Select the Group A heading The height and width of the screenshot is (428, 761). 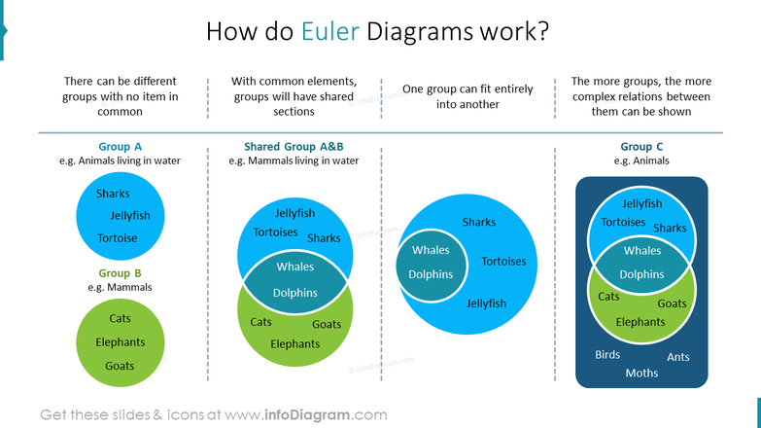[x=120, y=147]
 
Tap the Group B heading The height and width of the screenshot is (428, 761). [x=120, y=273]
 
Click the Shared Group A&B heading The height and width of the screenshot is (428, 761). [x=294, y=147]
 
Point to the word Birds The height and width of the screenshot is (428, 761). [x=607, y=355]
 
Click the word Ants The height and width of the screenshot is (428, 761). [x=677, y=357]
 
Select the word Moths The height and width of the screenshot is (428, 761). [x=641, y=374]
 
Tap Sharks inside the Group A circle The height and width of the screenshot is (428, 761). [x=113, y=194]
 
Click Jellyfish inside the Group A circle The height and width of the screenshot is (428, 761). [x=130, y=216]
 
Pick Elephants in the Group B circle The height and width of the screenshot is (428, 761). [x=121, y=342]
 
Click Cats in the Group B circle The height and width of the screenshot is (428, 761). [x=120, y=318]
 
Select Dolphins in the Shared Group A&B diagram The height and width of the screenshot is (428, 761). [x=294, y=293]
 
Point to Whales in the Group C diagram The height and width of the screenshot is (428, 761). [x=641, y=250]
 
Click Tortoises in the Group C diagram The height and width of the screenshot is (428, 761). [x=623, y=222]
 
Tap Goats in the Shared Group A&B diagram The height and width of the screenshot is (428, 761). [x=327, y=324]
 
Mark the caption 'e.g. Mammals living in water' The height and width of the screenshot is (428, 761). [x=294, y=161]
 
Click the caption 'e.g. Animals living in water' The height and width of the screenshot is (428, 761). [x=120, y=161]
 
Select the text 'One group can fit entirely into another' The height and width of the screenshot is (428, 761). [x=467, y=96]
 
